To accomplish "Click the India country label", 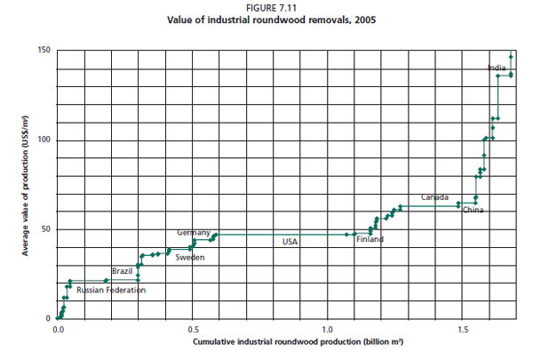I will point(497,68).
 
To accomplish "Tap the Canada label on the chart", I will point(434,196).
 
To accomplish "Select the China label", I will point(473,211).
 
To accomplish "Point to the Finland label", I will point(370,240).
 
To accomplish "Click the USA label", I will point(290,241).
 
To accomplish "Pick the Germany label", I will point(194,232).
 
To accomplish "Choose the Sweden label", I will point(189,257).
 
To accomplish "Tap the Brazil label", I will point(122,270).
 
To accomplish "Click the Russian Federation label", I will point(110,290).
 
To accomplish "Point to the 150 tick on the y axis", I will point(44,50).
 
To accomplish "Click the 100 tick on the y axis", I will point(44,140).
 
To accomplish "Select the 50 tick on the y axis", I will point(46,228).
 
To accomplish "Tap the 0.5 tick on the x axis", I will point(192,329).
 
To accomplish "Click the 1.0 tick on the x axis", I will point(327,329).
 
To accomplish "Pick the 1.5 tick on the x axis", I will point(463,329).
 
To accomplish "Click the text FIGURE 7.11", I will point(266,8).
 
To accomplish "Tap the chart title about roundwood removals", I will point(266,19).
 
